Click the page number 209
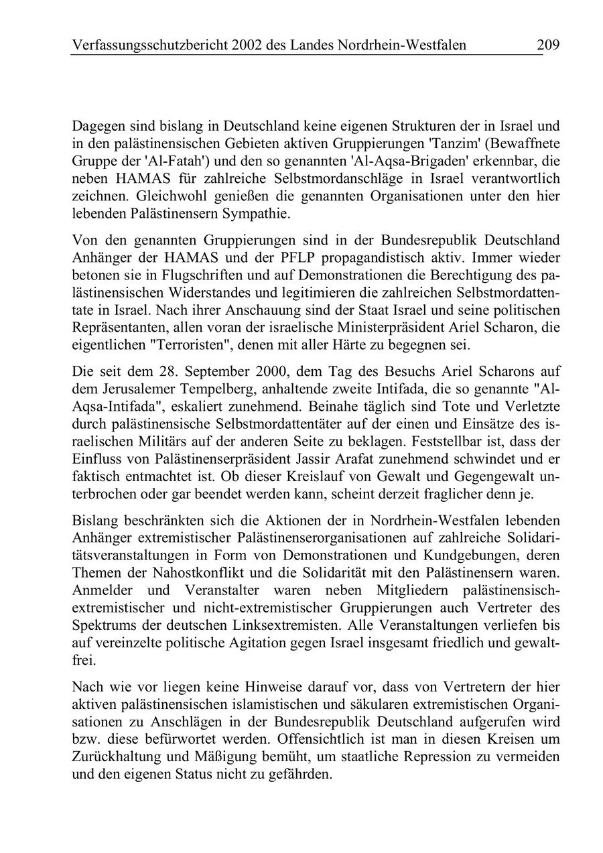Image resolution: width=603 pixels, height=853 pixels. pyautogui.click(x=548, y=45)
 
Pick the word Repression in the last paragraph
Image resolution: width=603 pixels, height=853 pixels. pyautogui.click(x=420, y=757)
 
